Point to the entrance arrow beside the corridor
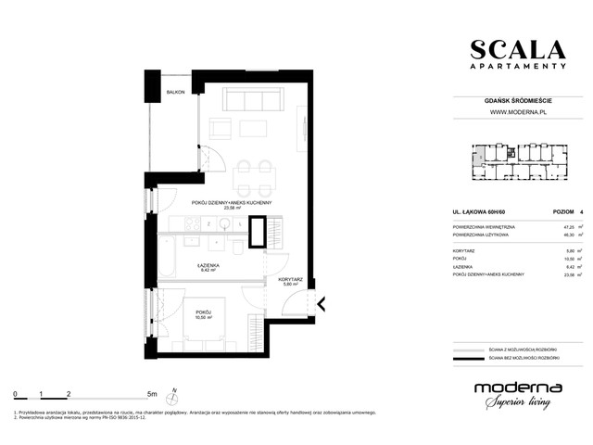pyautogui.click(x=321, y=304)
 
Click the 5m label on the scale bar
pyautogui.click(x=151, y=394)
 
